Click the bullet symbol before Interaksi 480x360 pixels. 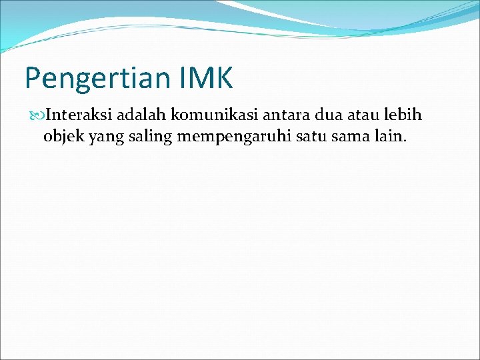click(x=37, y=115)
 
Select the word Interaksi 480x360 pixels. click(x=79, y=115)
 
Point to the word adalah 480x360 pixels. click(x=142, y=115)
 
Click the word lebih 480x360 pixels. click(x=403, y=115)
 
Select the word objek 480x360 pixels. click(x=61, y=137)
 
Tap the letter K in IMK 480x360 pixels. click(x=223, y=77)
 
